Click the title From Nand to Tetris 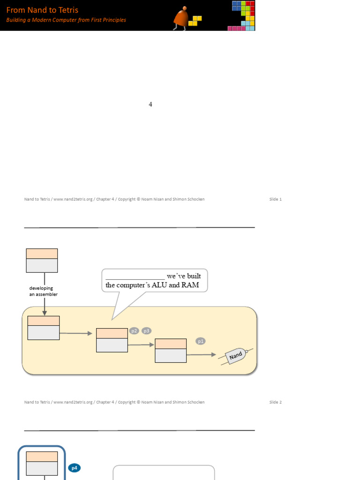[x=42, y=10]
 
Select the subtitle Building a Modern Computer [x=66, y=20]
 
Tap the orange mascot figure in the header [x=181, y=19]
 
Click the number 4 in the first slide [x=150, y=105]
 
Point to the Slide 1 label [x=275, y=199]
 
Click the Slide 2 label [x=275, y=402]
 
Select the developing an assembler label [x=44, y=291]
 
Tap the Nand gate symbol [x=236, y=356]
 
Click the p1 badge [x=201, y=341]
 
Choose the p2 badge [x=134, y=331]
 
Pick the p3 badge [x=147, y=331]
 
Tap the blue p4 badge [x=74, y=467]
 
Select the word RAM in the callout [x=191, y=285]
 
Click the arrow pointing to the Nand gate [x=202, y=355]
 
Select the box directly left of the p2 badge [x=112, y=340]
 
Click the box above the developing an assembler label [x=42, y=260]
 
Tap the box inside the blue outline [x=42, y=463]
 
